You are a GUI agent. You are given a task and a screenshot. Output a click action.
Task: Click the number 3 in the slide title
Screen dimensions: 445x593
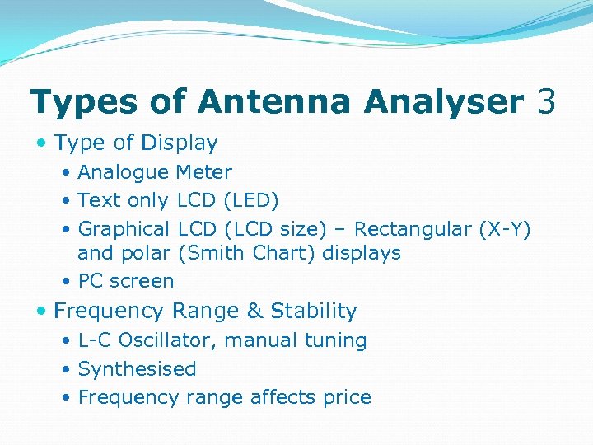tap(544, 102)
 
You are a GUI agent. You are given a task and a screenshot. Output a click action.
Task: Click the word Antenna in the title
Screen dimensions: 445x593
tap(278, 102)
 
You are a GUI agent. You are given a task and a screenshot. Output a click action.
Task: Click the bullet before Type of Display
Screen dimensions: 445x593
tap(42, 143)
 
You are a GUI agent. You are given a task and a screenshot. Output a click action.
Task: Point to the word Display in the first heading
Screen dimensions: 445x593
tap(179, 143)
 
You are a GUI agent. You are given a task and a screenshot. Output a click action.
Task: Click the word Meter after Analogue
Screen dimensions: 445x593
tap(203, 172)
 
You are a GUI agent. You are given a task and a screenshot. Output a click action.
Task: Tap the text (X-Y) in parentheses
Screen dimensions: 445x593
tap(504, 228)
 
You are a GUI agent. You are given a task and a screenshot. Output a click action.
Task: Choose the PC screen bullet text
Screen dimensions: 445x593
tap(126, 281)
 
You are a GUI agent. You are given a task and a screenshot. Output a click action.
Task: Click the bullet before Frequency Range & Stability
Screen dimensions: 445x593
tap(42, 311)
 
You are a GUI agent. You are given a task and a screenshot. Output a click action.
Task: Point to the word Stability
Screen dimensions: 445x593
tap(314, 311)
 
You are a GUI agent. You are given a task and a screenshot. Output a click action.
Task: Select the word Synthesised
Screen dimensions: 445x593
tap(137, 369)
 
